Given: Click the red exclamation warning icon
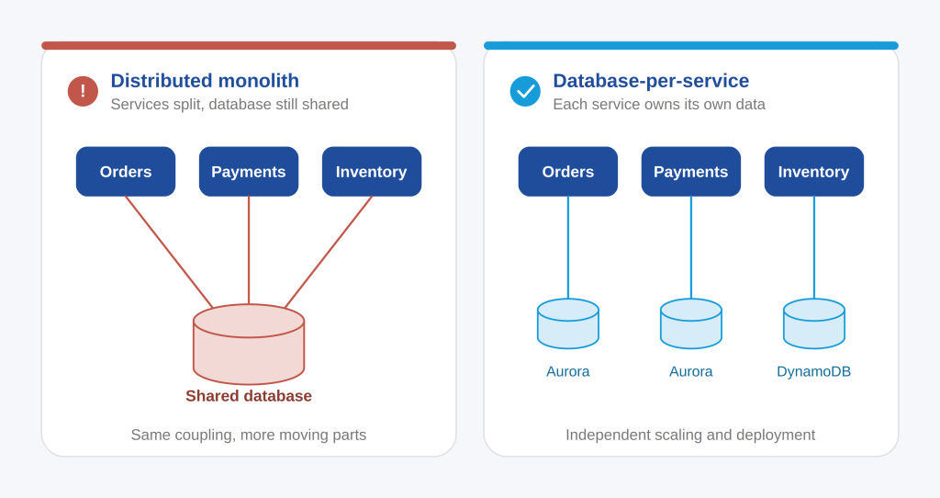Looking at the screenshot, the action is click(83, 91).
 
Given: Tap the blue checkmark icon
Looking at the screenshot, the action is click(525, 91).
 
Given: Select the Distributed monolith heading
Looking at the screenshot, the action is click(205, 81).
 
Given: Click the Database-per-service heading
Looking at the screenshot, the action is click(651, 81).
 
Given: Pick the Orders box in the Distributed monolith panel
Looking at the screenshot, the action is click(126, 172).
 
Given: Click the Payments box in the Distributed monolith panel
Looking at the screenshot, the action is click(249, 172).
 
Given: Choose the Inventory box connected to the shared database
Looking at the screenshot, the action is click(372, 172).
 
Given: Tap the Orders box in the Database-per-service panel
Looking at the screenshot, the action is click(568, 172).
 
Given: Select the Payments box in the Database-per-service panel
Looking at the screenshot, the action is click(691, 172).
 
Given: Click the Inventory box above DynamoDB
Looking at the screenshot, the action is click(814, 172).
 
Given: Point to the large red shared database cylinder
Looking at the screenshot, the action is click(249, 345).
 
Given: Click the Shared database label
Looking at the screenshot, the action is click(249, 396).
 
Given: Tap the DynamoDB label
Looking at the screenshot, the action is click(814, 371).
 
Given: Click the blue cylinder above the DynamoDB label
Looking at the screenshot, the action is click(814, 324).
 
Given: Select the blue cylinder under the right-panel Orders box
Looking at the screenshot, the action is click(568, 324).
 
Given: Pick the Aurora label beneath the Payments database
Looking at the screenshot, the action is click(691, 371).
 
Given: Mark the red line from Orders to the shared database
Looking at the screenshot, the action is click(169, 252).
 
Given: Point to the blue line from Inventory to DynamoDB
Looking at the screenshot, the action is click(814, 247).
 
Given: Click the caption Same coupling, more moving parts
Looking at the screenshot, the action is click(249, 435).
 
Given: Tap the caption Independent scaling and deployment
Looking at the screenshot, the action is click(690, 435).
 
